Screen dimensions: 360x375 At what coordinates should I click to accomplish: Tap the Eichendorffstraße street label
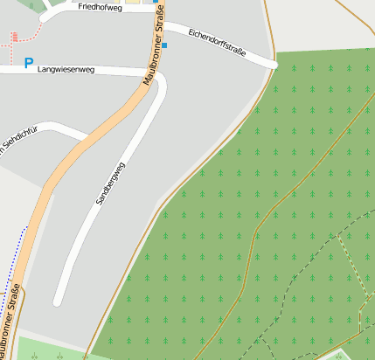click(x=217, y=43)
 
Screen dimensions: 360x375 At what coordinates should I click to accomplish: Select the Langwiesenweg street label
click(x=65, y=68)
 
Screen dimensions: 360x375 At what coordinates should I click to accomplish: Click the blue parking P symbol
click(x=29, y=63)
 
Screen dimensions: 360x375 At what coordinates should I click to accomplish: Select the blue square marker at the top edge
click(x=156, y=2)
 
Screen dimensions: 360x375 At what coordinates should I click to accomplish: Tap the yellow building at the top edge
click(x=133, y=2)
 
